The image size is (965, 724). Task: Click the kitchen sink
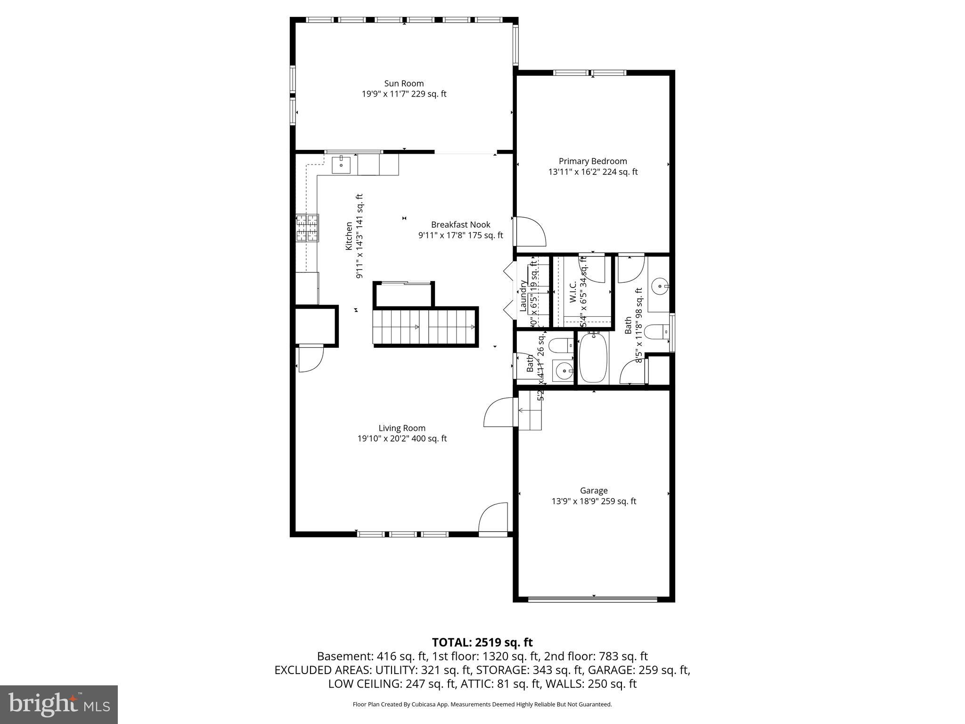tap(341, 165)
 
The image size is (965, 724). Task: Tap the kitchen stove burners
tap(307, 228)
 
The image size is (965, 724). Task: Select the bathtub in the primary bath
tap(593, 357)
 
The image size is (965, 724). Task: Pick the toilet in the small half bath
tap(562, 346)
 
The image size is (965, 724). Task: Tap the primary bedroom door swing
tap(530, 232)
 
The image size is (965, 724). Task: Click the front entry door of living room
tap(493, 520)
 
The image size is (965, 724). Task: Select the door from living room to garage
tap(499, 412)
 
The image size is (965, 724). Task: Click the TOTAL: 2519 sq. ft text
tap(482, 642)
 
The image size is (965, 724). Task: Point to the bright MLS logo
tap(59, 705)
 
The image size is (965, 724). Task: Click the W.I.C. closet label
tap(573, 292)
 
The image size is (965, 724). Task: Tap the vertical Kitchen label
tap(349, 236)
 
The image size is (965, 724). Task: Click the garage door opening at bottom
tap(593, 599)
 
